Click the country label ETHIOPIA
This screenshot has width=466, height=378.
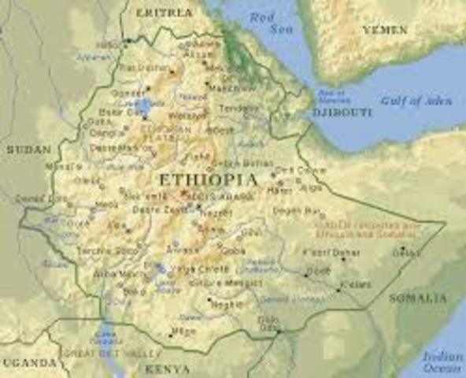click(208, 180)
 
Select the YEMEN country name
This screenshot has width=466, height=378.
click(386, 29)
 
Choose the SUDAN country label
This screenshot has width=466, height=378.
click(28, 149)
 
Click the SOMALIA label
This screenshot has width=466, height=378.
click(417, 298)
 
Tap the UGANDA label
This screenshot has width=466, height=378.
click(28, 362)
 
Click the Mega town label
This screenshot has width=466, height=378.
click(183, 332)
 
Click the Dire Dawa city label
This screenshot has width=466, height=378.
click(290, 169)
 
